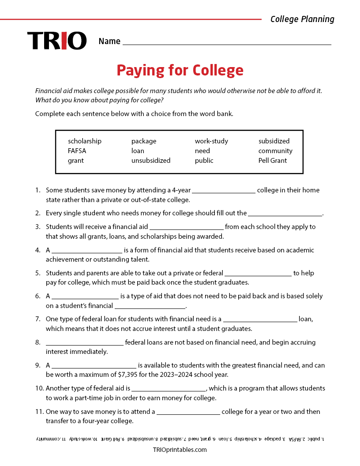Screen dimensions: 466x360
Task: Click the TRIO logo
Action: (57, 41)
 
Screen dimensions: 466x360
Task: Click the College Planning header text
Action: (302, 19)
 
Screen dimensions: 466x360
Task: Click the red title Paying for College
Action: (180, 71)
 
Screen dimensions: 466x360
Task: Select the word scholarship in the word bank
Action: (85, 141)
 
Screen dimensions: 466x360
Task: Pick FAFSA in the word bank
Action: (77, 151)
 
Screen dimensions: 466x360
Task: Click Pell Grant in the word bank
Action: (273, 161)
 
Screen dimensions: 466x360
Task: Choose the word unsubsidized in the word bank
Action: (151, 161)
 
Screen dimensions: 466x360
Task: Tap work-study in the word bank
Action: (211, 141)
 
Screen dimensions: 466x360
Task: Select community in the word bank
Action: (275, 151)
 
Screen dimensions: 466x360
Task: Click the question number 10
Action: (39, 388)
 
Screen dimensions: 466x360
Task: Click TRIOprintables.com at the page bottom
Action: (180, 450)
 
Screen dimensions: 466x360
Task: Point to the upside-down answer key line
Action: (180, 439)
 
